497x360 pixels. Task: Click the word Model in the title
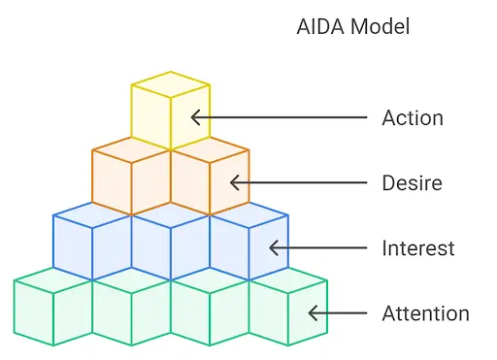coord(378,26)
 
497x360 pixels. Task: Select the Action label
coord(413,118)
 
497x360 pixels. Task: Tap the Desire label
coord(413,182)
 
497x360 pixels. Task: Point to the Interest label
coord(418,248)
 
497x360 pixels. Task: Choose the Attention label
coord(425,313)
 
